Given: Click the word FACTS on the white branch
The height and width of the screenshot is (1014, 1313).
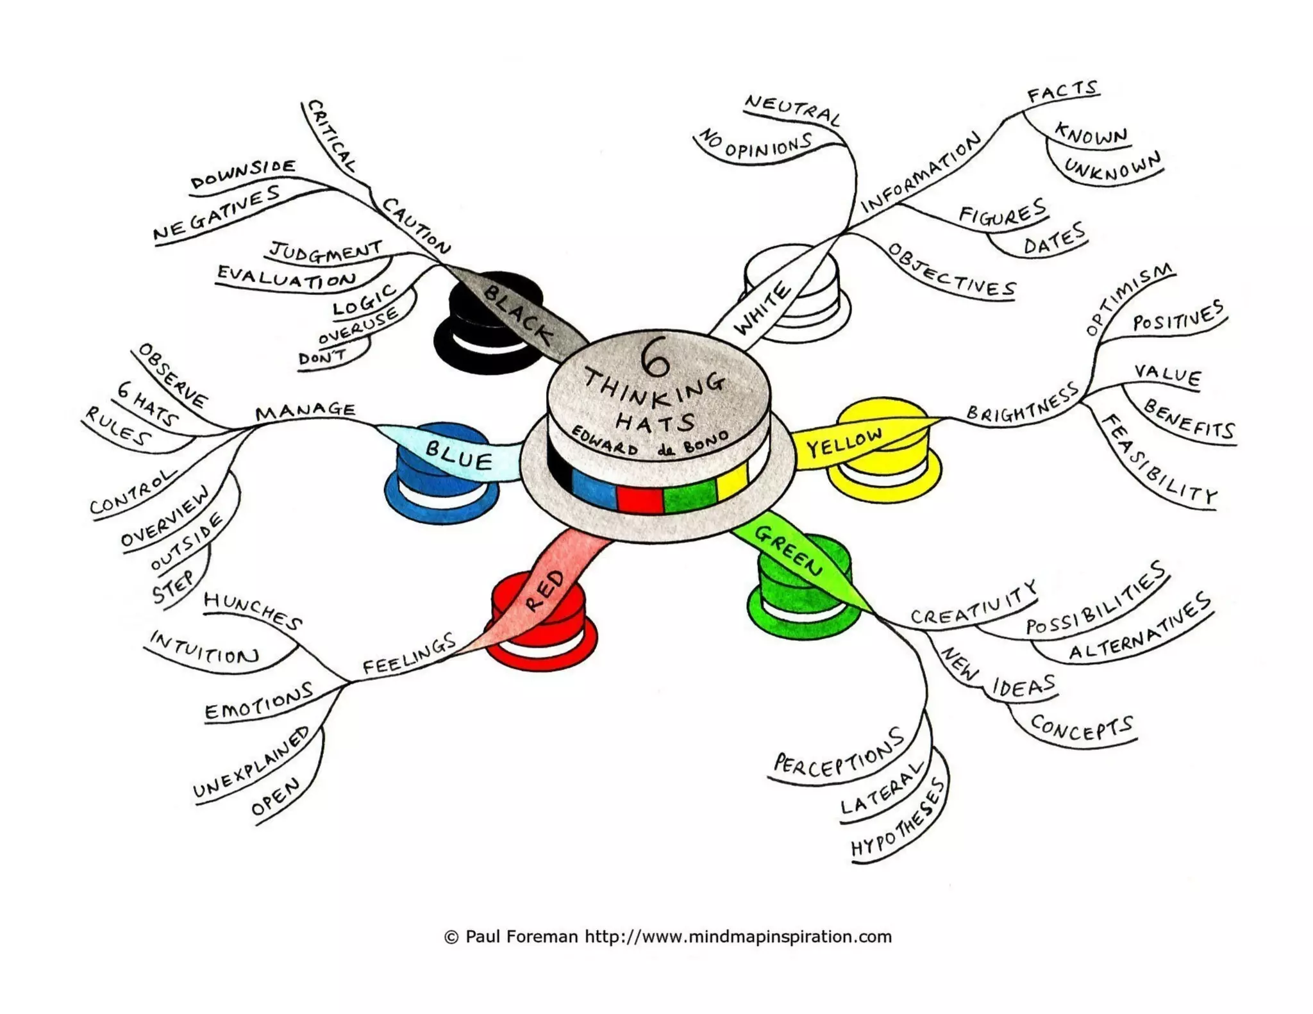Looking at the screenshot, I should (x=1062, y=92).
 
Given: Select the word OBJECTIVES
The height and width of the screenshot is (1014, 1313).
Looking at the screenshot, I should (x=951, y=271).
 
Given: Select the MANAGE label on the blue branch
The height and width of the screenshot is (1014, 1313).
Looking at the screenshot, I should (x=305, y=410).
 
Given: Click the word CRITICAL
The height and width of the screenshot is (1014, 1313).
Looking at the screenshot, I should (x=331, y=135).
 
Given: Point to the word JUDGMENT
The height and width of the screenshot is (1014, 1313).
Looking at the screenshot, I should (x=326, y=251).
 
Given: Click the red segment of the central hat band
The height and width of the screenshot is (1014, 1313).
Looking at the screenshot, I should (x=640, y=499).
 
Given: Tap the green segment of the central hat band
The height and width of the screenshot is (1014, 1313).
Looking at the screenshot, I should (x=689, y=495).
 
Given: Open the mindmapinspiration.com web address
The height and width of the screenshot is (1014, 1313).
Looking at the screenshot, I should (x=738, y=937).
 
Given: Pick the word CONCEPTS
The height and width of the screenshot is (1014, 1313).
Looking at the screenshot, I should (x=1082, y=728).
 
